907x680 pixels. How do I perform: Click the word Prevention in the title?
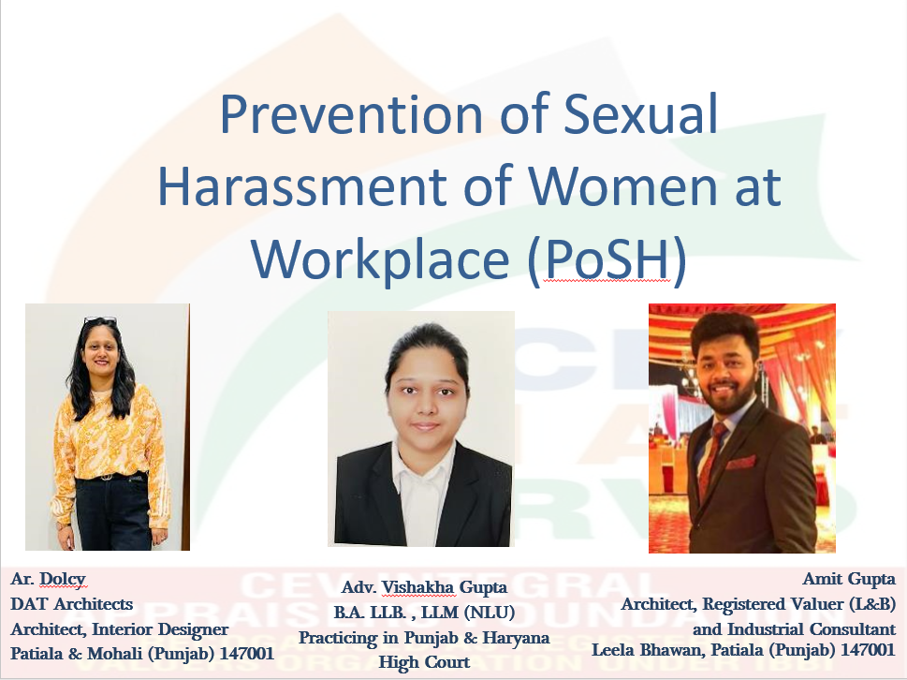click(x=352, y=114)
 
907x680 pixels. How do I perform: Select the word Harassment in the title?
click(x=302, y=185)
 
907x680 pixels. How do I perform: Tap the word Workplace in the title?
click(x=380, y=259)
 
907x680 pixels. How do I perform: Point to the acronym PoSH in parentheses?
click(x=607, y=259)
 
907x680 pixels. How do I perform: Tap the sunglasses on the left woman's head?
click(x=100, y=320)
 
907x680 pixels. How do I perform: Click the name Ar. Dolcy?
click(x=48, y=579)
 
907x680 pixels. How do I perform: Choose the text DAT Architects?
click(x=72, y=604)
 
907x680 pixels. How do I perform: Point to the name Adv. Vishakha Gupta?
click(x=424, y=587)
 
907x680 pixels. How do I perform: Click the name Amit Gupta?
click(x=849, y=579)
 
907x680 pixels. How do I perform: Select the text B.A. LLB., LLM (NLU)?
click(x=424, y=613)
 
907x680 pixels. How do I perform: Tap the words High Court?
click(x=424, y=662)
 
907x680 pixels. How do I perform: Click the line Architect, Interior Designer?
click(x=119, y=629)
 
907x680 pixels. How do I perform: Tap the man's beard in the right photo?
click(x=725, y=399)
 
